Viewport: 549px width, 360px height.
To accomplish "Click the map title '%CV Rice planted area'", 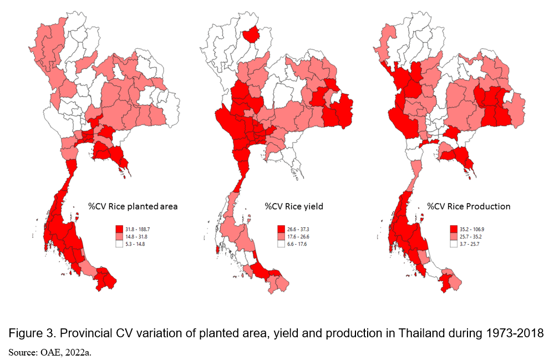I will (133, 206).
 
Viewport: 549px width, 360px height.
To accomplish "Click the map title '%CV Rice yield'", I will (293, 206).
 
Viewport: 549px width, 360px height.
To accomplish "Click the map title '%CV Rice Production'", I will (469, 206).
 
